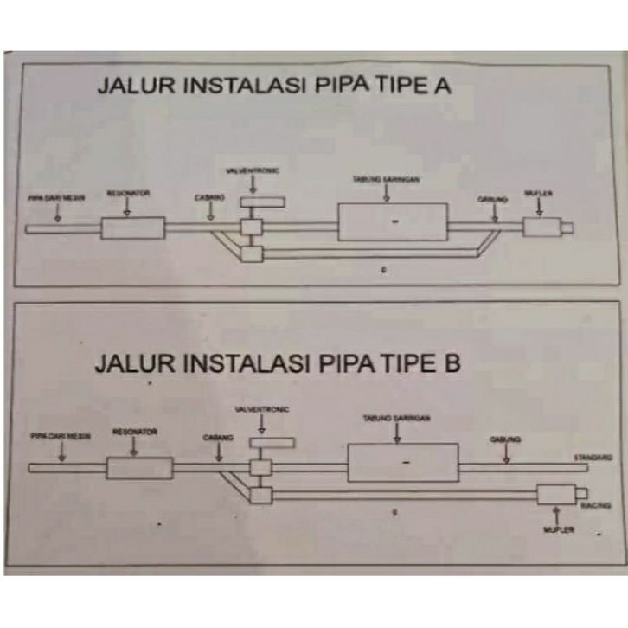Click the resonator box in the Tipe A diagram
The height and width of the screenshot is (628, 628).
click(132, 228)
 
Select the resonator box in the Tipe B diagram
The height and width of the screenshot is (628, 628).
click(139, 468)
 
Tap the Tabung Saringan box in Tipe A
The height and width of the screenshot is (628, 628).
click(392, 222)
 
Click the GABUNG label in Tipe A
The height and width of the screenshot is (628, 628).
click(492, 199)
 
